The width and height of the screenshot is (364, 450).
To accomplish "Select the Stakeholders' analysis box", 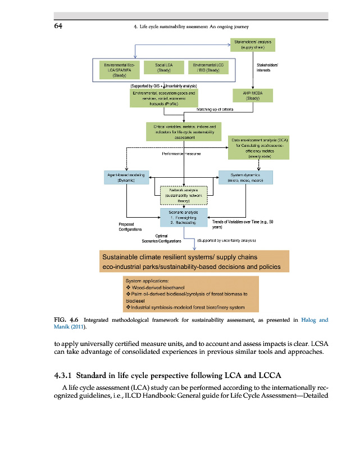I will click(252, 44).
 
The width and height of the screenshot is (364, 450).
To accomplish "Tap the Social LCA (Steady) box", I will click(164, 67).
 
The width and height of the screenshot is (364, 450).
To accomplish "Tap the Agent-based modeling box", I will click(126, 177).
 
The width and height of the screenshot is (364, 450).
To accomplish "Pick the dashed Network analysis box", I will click(184, 195).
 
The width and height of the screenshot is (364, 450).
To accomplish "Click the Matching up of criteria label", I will click(215, 109).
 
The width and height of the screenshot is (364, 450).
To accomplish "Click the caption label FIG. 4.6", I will click(66, 320).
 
